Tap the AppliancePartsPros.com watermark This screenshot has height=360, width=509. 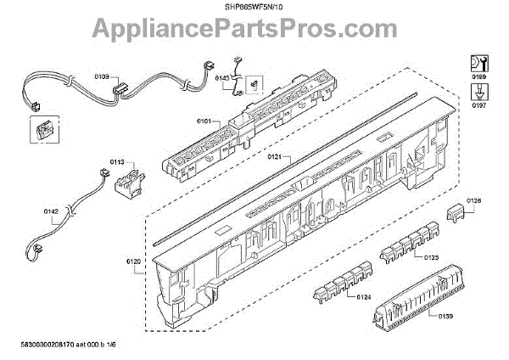coord(255,31)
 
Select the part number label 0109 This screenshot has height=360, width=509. coord(101,76)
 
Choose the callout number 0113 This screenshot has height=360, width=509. coord(117,160)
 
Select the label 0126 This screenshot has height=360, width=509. coord(473,200)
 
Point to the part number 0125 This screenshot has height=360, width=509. coord(431,256)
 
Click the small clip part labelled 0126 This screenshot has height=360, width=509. coord(456,211)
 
